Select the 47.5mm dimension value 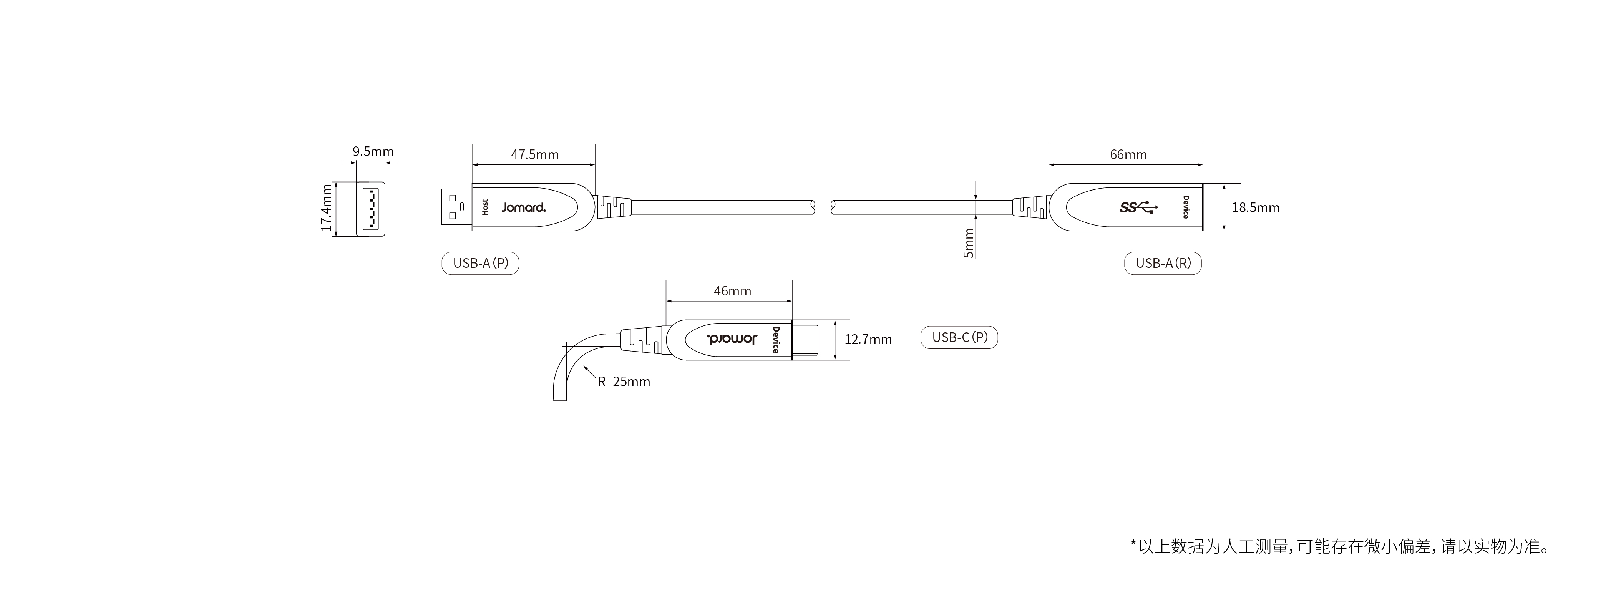[534, 154]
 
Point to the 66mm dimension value [1128, 154]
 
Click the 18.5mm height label [1256, 207]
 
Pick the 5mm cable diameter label [968, 243]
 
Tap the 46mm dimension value [732, 291]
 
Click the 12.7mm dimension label [868, 339]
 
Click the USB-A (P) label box [480, 263]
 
